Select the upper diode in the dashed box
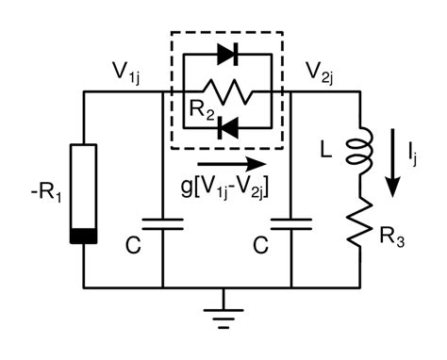click(x=226, y=55)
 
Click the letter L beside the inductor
click(x=328, y=149)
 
